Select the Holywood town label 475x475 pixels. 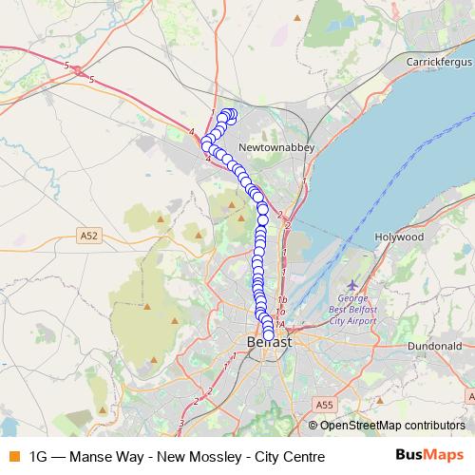click(x=398, y=237)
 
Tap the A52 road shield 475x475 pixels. click(x=88, y=235)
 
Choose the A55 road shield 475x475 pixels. click(x=325, y=404)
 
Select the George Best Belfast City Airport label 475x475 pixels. click(x=351, y=310)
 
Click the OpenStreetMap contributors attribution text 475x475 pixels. click(x=392, y=425)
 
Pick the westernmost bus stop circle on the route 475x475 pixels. click(x=205, y=142)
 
